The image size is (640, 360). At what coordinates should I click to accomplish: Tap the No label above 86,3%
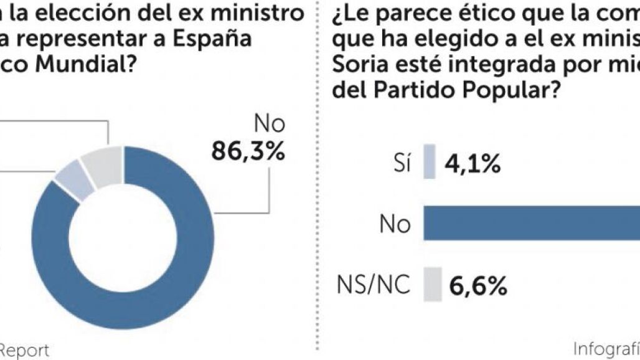(x=269, y=124)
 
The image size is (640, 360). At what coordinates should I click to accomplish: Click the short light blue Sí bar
(x=430, y=162)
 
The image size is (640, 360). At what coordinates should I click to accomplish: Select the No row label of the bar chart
(x=395, y=224)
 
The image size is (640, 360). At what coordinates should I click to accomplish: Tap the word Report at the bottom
(x=25, y=350)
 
